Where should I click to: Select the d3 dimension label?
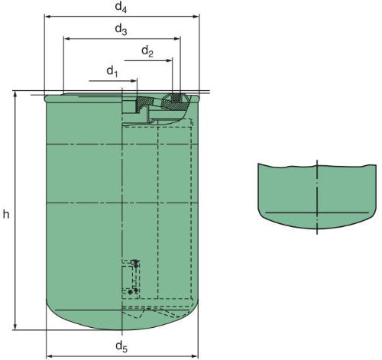pos(121,29)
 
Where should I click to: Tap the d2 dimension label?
pos(147,51)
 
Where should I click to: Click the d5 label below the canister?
pos(121,347)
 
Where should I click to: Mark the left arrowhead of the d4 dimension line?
pos(48,15)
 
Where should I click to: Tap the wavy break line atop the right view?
pos(315,166)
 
